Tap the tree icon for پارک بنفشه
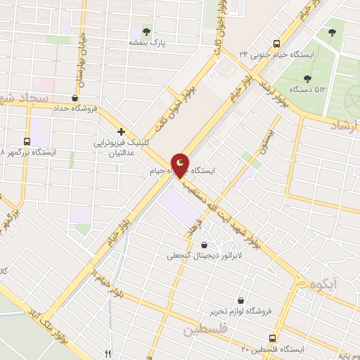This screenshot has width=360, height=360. point(146,31)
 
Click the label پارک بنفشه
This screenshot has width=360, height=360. point(146,43)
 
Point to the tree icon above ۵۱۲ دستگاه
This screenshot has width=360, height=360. point(307,79)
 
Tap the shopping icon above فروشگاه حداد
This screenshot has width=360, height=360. point(75,98)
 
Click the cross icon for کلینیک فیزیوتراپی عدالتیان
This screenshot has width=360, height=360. point(121,131)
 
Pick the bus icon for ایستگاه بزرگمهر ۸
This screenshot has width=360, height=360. point(27,141)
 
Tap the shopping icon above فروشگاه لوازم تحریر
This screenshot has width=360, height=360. point(241,300)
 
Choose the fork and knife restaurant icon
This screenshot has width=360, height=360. point(108,354)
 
